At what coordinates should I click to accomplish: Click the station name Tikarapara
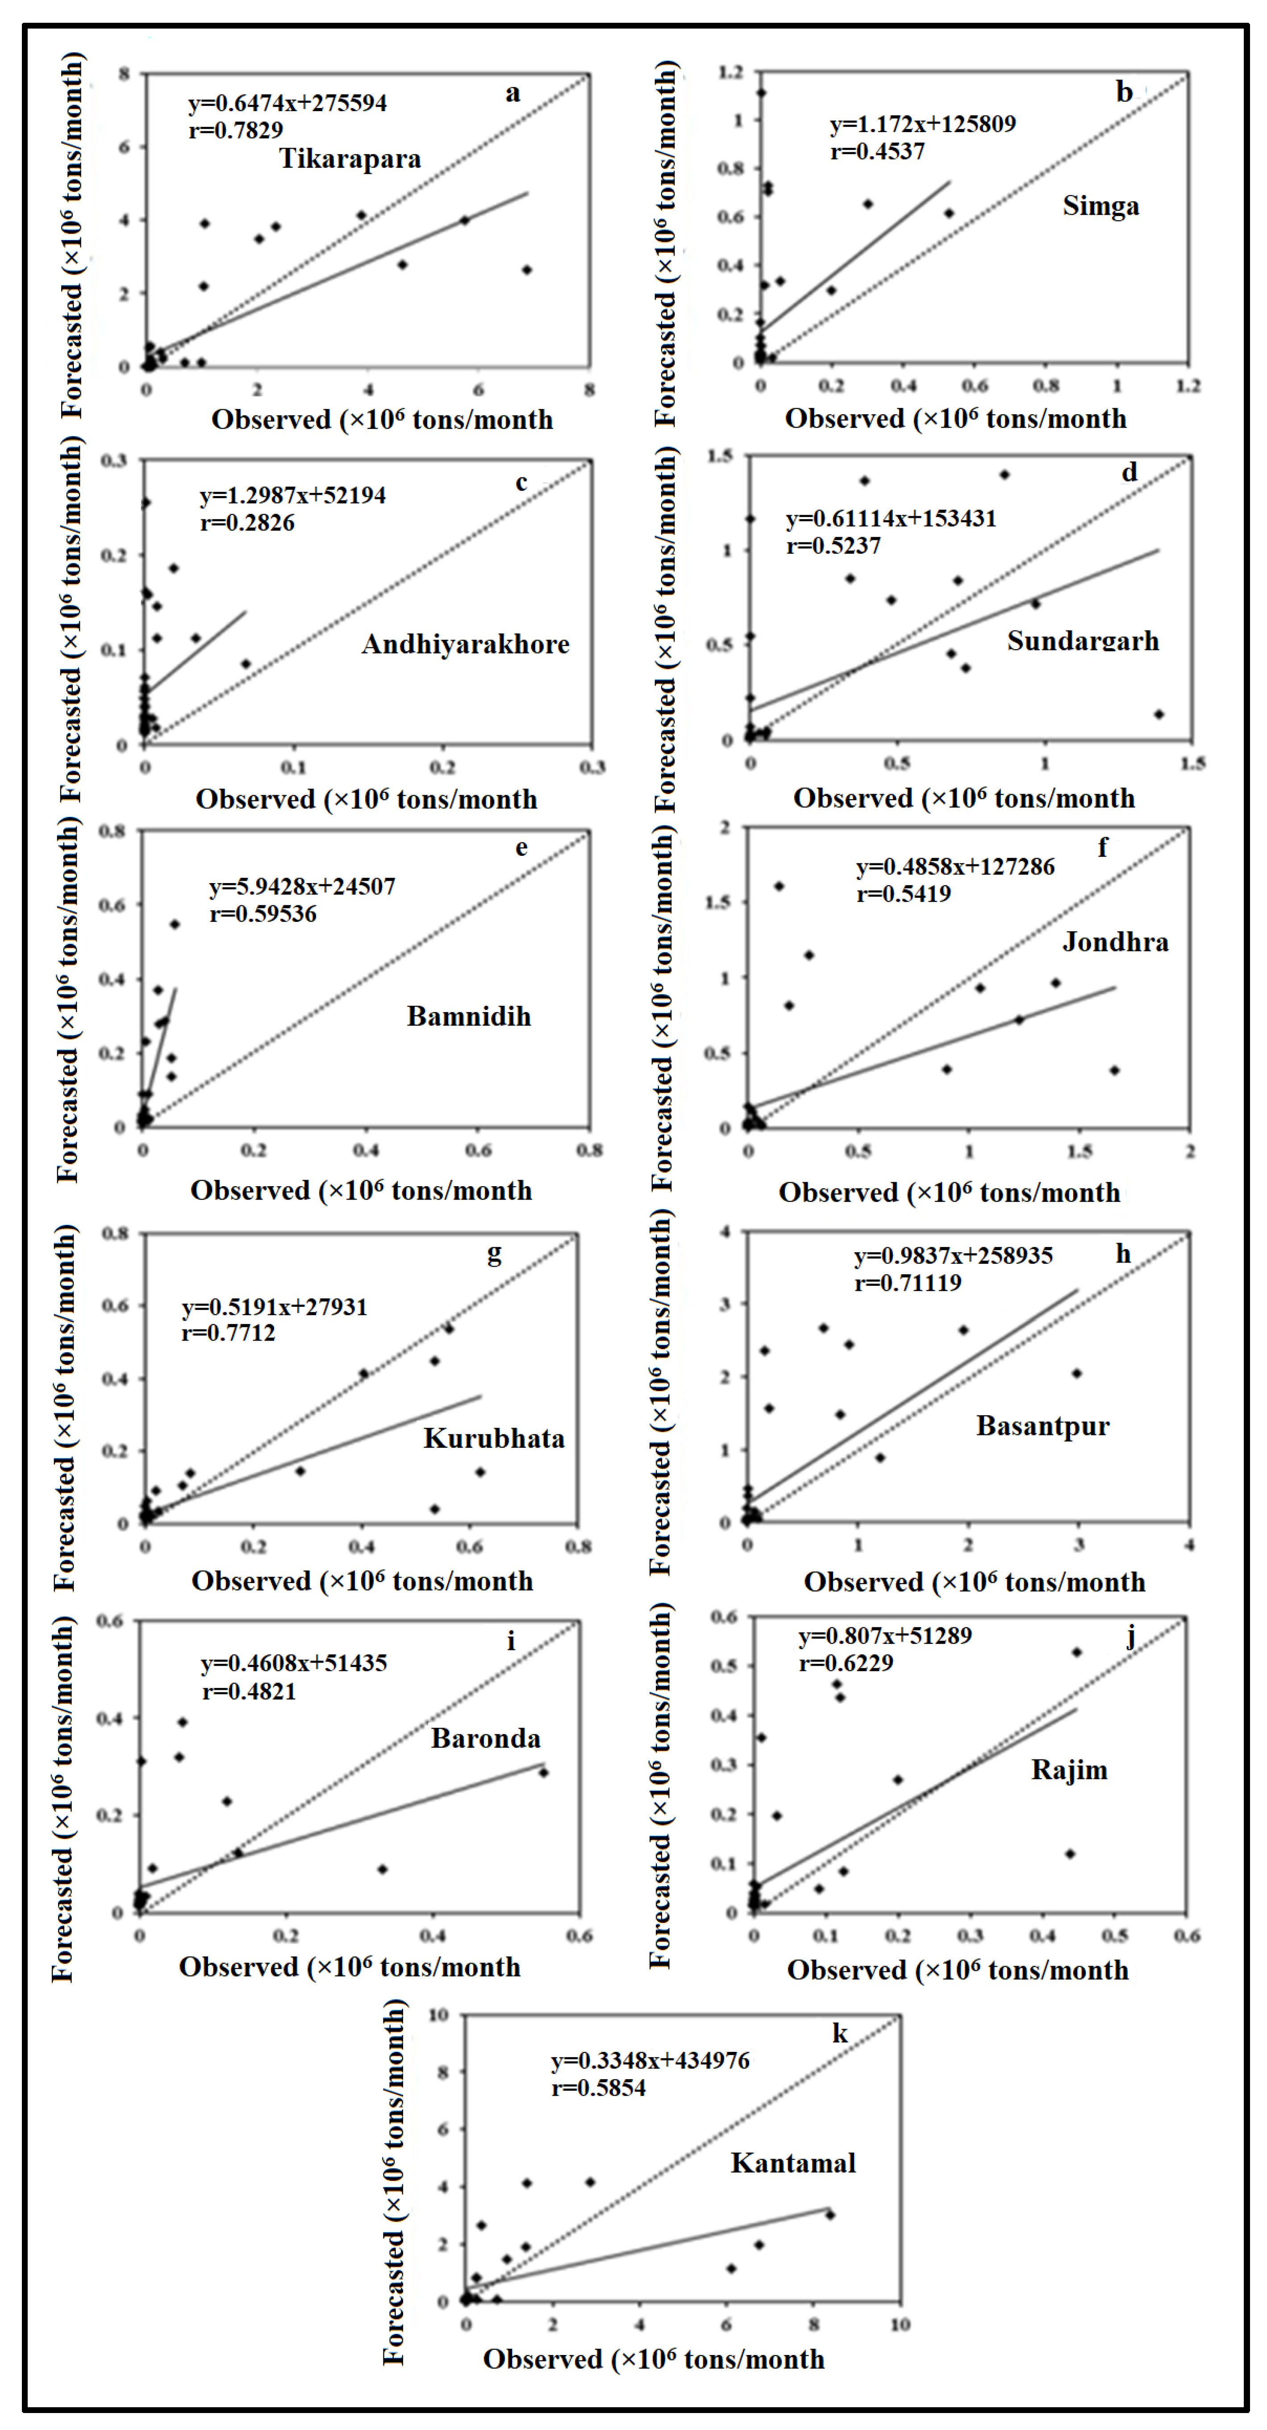click(x=350, y=158)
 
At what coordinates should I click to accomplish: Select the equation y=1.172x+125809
click(x=923, y=125)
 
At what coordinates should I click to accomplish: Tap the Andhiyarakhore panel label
click(x=466, y=644)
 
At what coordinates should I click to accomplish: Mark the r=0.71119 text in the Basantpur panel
click(x=908, y=1283)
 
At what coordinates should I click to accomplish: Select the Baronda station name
click(x=486, y=1738)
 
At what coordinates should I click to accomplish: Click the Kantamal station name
click(x=793, y=2163)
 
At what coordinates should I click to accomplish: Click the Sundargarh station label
click(x=1083, y=642)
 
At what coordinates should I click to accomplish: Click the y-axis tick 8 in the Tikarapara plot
click(x=124, y=74)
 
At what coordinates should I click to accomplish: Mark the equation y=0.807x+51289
click(x=885, y=1636)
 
